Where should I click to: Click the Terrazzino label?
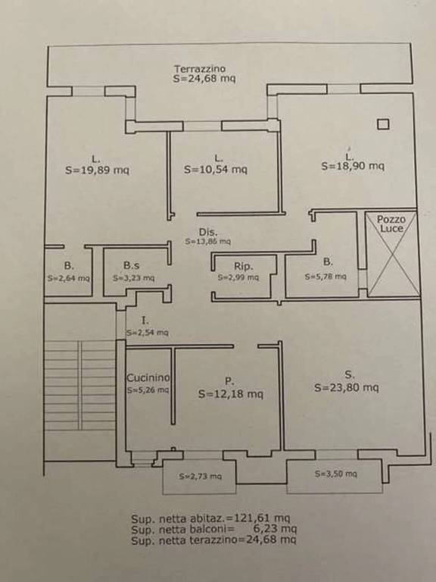[x=200, y=69]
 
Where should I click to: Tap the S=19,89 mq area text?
[x=97, y=170]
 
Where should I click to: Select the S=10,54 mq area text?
[x=216, y=169]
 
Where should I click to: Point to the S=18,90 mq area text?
[x=353, y=165]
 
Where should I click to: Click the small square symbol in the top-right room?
[x=383, y=124]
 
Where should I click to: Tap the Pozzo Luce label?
[x=391, y=224]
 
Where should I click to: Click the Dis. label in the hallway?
[x=208, y=233]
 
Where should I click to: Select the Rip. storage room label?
[x=243, y=267]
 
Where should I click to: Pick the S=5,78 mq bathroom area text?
[x=325, y=277]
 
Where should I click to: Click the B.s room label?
[x=131, y=266]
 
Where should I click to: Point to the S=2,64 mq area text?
[x=69, y=278]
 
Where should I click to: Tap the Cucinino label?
[x=148, y=378]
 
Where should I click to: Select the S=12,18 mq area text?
[x=231, y=393]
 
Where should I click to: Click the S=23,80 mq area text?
[x=347, y=387]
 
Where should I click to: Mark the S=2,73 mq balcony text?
[x=200, y=476]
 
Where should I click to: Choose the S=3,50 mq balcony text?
[x=336, y=474]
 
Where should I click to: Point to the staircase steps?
[x=80, y=386]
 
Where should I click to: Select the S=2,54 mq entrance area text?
[x=147, y=333]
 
